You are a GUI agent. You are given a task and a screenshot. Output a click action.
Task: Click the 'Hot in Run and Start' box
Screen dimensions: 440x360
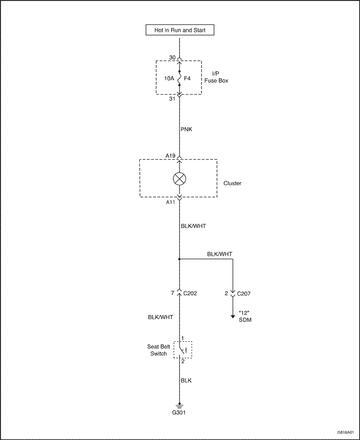point(180,30)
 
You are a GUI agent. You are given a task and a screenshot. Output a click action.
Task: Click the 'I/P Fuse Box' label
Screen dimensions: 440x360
point(218,77)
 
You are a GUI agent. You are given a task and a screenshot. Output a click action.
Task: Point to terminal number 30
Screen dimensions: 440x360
point(172,58)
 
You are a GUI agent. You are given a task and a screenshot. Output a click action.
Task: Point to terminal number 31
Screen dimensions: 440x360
point(172,99)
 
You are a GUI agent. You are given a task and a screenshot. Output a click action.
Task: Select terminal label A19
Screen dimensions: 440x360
point(171,154)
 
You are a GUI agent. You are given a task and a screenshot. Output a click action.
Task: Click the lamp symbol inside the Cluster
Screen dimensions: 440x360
point(179,179)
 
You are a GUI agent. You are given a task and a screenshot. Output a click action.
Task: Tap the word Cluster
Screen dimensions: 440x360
point(232,183)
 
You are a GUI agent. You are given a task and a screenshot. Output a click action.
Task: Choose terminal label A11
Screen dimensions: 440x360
point(171,203)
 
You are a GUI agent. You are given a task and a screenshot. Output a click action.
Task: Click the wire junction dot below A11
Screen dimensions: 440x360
point(179,259)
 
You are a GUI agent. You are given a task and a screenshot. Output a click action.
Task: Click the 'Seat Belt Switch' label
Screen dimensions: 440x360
point(158,350)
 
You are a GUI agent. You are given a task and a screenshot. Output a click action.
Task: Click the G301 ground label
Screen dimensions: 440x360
point(179,413)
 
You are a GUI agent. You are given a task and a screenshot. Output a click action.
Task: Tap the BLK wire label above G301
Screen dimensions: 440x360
point(186,380)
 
